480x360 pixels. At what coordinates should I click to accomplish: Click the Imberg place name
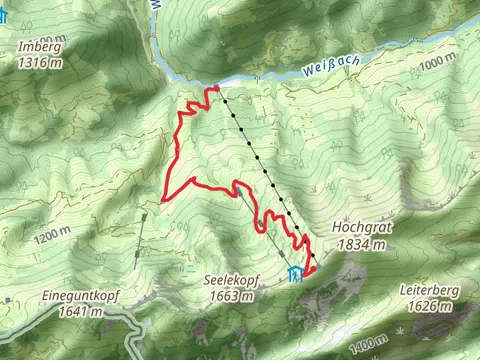[37, 46]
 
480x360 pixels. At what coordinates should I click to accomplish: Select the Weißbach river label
[332, 70]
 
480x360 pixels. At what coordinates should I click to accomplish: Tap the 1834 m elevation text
[364, 244]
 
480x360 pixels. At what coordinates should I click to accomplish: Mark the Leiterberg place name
[434, 290]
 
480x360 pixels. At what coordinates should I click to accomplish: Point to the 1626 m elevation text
[434, 306]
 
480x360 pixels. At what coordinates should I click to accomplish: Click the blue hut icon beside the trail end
[293, 274]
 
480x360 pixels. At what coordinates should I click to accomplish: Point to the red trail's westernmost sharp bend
[163, 198]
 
